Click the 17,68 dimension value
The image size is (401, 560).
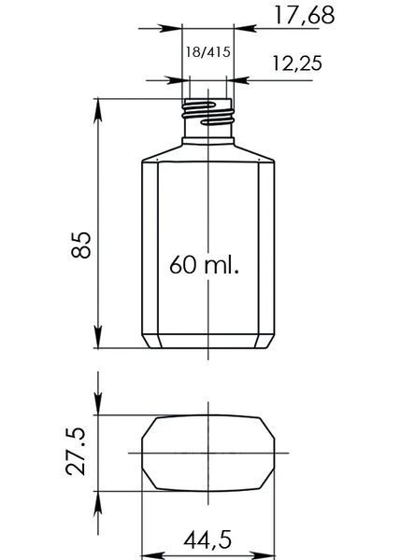tap(304, 16)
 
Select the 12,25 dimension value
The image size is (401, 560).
tap(297, 63)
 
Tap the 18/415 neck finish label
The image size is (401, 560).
tap(208, 52)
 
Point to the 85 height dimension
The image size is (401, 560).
tap(80, 245)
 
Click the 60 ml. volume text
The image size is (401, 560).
tap(204, 265)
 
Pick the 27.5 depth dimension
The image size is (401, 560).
tap(76, 452)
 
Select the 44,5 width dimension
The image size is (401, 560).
tap(208, 539)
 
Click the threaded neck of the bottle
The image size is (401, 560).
tap(208, 114)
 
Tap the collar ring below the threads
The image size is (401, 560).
tap(208, 141)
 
